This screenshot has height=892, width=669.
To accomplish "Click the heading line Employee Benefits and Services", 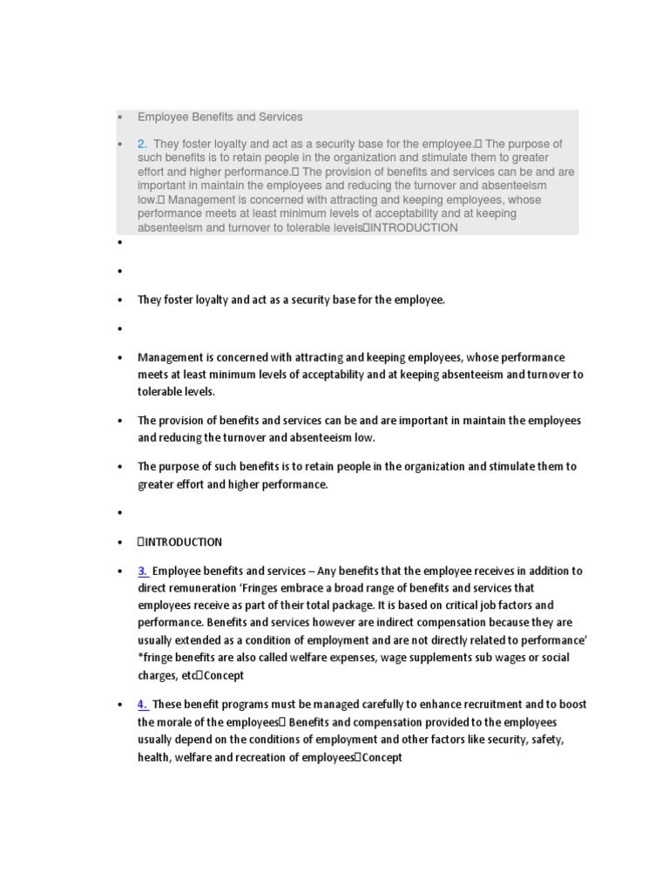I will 220,117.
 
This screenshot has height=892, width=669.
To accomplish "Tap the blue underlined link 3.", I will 142,571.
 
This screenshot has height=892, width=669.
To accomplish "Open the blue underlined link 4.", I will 142,705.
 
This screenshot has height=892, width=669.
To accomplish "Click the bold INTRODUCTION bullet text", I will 181,542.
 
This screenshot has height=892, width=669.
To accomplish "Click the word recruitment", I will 455,705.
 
